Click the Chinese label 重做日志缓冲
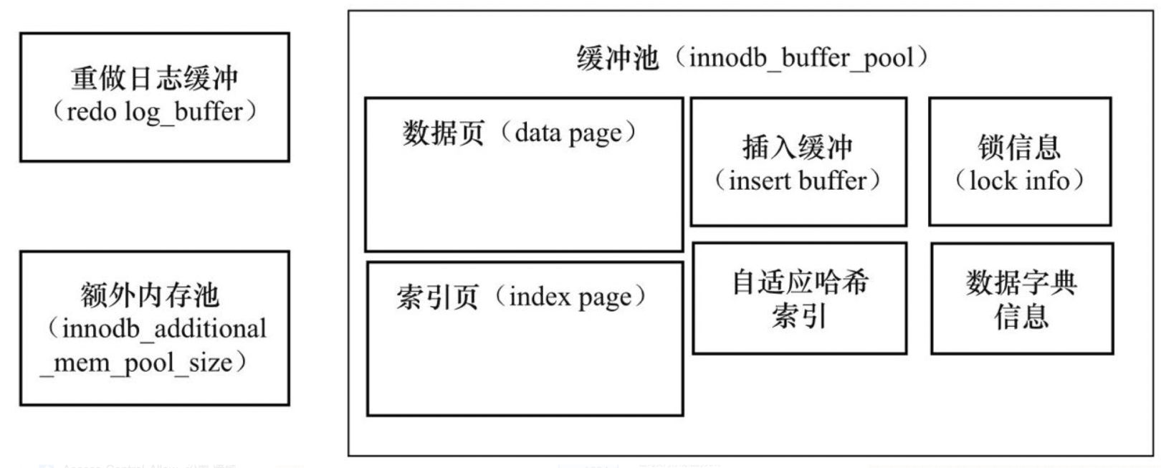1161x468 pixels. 155,79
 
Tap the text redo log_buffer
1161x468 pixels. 155,112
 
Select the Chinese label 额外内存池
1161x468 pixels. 150,295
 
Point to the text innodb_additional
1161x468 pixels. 164,329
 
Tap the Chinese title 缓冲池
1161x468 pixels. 617,58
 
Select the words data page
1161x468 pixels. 568,134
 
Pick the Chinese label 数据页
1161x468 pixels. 443,133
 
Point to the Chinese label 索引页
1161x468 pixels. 437,297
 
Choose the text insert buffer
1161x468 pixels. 798,181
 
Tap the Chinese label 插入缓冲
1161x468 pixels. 798,147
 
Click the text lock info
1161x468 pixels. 1019,181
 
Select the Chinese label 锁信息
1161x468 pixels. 1019,147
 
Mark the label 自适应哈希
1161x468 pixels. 800,282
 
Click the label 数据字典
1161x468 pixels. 1021,283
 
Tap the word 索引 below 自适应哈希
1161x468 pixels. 799,316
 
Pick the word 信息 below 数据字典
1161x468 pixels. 1021,317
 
